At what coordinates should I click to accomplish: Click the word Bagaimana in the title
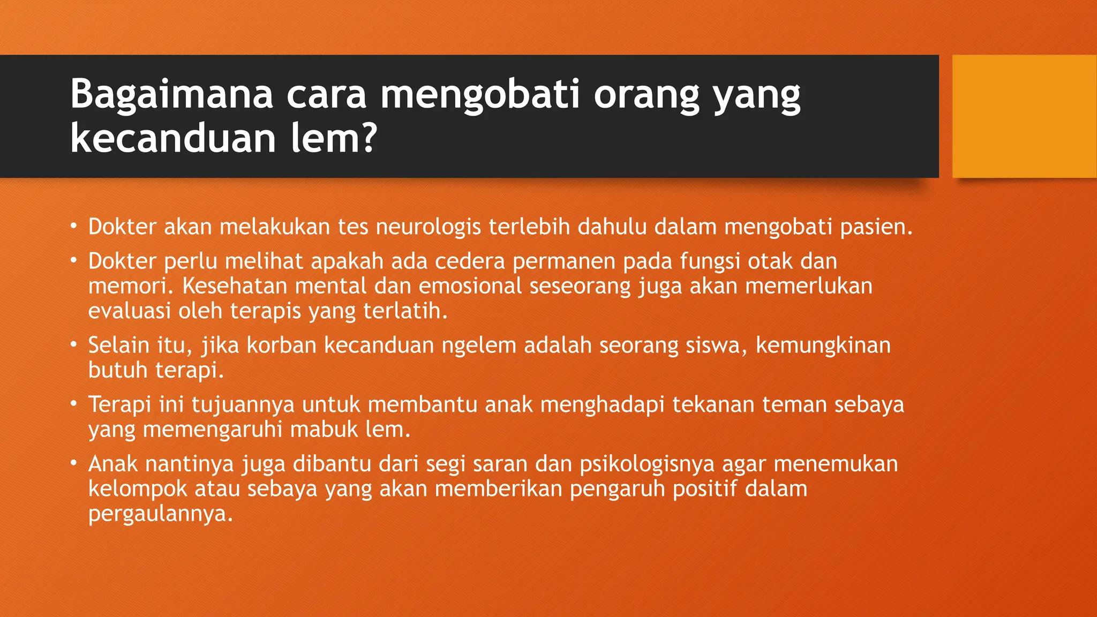[x=171, y=94]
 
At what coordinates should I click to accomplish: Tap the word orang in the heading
[x=647, y=94]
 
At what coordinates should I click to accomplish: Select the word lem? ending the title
[x=334, y=138]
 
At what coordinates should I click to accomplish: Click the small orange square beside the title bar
[x=1024, y=116]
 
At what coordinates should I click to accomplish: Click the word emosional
[x=470, y=286]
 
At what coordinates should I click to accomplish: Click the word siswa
[x=716, y=345]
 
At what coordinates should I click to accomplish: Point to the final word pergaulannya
[x=160, y=514]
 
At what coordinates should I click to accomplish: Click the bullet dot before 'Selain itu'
[x=74, y=344]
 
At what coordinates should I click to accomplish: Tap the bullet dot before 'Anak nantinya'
[x=74, y=463]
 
